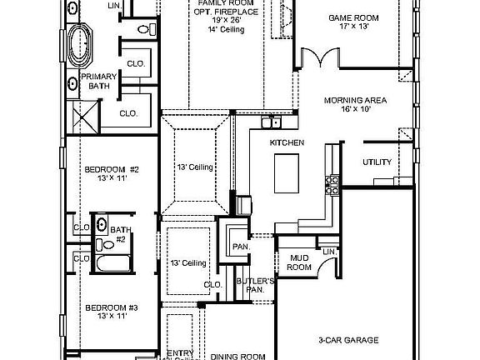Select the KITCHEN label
[x=286, y=143]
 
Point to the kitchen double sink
[x=270, y=123]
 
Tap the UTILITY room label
[x=378, y=162]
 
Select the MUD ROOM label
[x=299, y=262]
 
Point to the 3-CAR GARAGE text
[x=348, y=340]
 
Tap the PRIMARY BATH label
[x=98, y=80]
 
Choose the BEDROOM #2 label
[x=111, y=174]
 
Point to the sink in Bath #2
[x=101, y=223]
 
